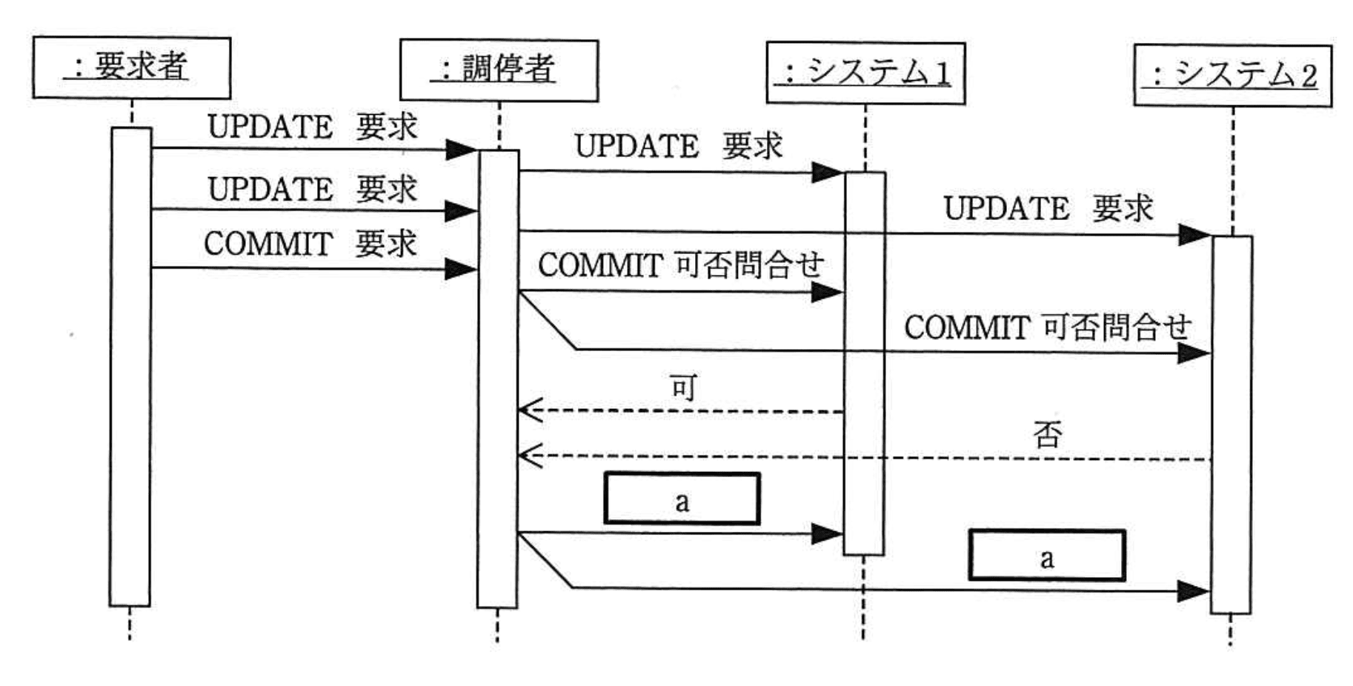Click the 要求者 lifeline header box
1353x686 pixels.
(131, 68)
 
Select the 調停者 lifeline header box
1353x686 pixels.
(499, 70)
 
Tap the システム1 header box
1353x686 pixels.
(865, 73)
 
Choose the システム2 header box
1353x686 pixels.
(1232, 76)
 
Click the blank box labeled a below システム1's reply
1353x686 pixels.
(682, 499)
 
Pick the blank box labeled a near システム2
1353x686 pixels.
(1046, 555)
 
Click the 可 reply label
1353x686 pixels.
(682, 387)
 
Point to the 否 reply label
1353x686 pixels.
(1048, 434)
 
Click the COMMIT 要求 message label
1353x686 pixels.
(310, 244)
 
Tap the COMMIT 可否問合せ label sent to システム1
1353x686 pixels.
(680, 265)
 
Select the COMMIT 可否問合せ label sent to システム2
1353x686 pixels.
(1047, 327)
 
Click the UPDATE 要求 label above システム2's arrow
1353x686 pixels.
(1048, 208)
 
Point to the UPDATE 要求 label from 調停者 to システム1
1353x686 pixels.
(679, 146)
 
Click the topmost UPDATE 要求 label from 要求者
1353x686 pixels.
(312, 127)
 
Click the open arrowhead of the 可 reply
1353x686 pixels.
(529, 410)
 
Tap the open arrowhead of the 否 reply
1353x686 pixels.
(529, 456)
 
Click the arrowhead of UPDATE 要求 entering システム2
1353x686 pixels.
(1194, 236)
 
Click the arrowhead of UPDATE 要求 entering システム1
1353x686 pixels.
(828, 173)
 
